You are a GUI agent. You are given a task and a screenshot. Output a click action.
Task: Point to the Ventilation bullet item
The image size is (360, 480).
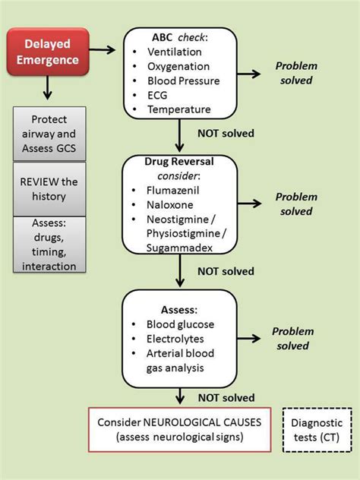(175, 52)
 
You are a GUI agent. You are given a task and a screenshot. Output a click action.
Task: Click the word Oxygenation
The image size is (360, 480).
(179, 67)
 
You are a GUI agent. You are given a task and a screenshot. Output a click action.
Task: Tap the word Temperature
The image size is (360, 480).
(179, 110)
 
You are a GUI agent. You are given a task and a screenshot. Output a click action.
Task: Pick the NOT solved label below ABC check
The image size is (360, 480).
(226, 134)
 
